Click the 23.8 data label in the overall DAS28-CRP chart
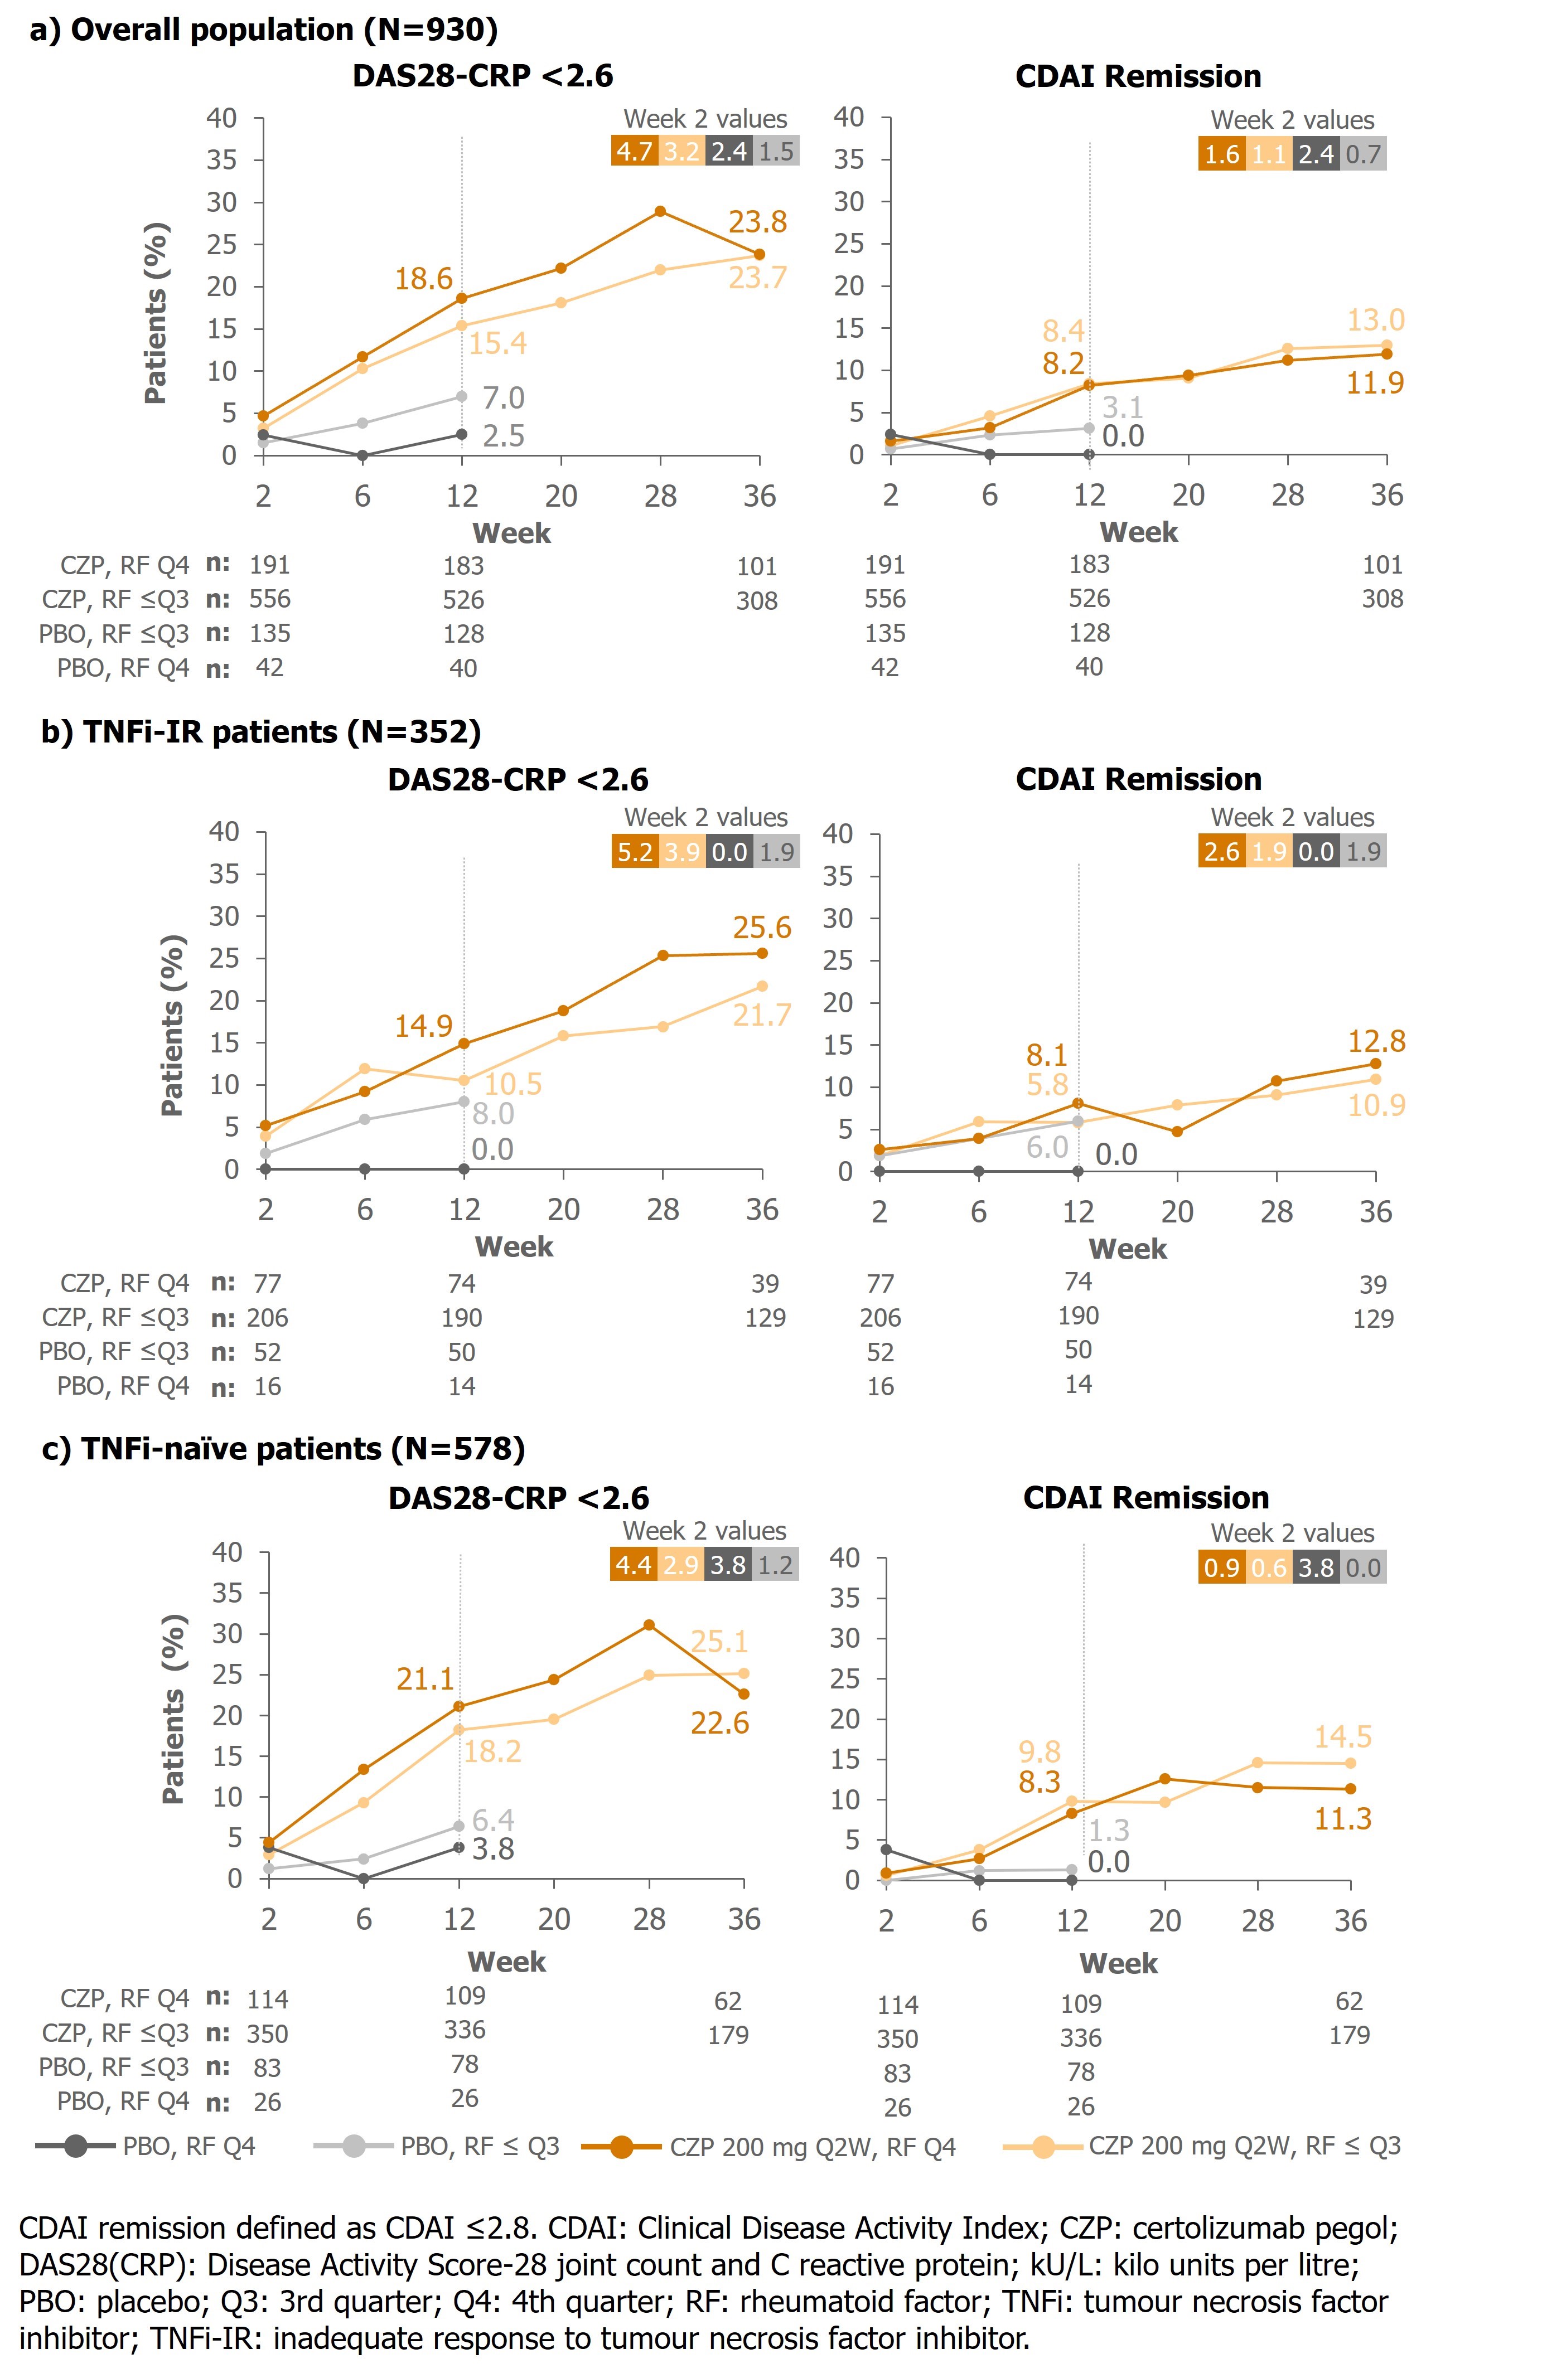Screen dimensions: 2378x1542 [757, 222]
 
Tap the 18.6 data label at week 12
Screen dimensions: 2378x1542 [424, 279]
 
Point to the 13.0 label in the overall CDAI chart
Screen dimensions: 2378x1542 [1375, 321]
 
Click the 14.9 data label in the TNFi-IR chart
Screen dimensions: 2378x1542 [424, 1026]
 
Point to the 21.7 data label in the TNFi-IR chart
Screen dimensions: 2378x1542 [761, 1015]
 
